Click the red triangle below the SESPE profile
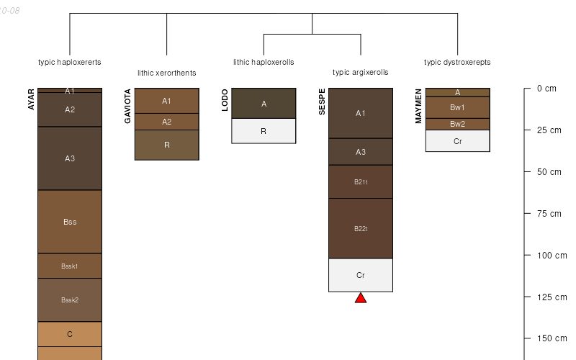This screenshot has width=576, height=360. tap(361, 298)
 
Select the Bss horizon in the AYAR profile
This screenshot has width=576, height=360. tap(70, 222)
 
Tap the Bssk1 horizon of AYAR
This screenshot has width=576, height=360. tap(70, 266)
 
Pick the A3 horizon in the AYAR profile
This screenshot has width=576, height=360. tap(70, 158)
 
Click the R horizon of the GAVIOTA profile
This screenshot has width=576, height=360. tap(167, 145)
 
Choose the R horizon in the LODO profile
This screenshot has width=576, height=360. tap(264, 131)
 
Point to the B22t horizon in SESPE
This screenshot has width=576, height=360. tap(361, 228)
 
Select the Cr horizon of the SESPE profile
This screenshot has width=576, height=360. tap(361, 275)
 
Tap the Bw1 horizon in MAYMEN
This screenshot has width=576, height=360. tap(457, 107)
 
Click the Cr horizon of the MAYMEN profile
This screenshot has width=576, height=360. tap(457, 141)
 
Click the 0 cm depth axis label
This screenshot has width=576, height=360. tap(546, 89)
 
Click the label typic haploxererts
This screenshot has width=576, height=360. tap(70, 62)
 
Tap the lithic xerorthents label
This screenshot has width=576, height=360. tap(167, 73)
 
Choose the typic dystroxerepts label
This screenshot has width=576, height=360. tap(457, 62)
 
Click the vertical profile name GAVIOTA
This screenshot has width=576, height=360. tap(127, 107)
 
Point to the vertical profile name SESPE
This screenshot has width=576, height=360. tap(321, 102)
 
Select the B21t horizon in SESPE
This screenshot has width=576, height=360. tap(361, 182)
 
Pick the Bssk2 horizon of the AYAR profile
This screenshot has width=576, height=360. tap(70, 300)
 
